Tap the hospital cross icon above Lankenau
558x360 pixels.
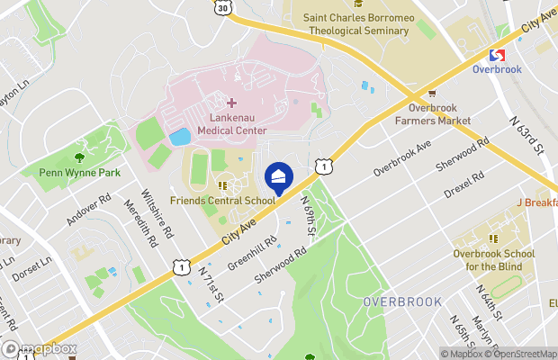point(231,103)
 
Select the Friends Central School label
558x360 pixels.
point(235,201)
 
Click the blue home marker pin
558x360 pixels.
point(278,176)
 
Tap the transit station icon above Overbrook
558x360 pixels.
point(496,55)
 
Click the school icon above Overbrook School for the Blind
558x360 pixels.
point(492,238)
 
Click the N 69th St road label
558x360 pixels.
point(308,217)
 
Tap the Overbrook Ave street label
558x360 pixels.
point(402,157)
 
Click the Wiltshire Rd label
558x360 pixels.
point(157,212)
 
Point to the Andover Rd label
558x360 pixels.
point(91,210)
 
